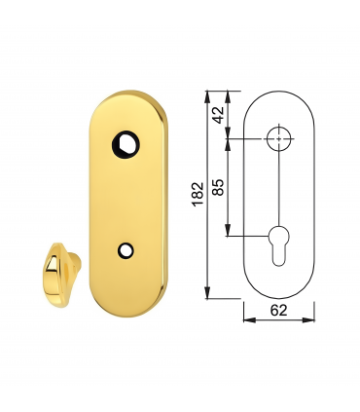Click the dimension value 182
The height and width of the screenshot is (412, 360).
click(x=198, y=195)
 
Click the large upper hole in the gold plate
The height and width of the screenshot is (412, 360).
click(x=126, y=142)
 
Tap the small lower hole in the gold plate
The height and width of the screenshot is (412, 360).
click(x=124, y=250)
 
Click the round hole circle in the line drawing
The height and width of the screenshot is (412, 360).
click(x=279, y=138)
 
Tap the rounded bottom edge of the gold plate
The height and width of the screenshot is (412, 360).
click(x=126, y=297)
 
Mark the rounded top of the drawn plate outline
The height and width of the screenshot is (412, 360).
click(x=279, y=94)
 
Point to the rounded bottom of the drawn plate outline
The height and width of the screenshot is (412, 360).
click(x=279, y=297)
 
